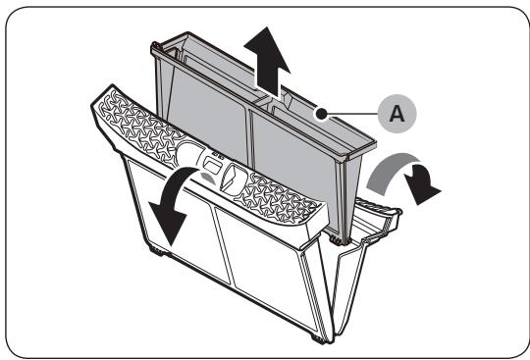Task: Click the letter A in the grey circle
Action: pos(397,114)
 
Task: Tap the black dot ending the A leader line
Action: pos(321,114)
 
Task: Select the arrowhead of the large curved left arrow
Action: pos(168,223)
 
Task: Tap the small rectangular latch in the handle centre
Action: pos(211,165)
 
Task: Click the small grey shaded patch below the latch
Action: pos(207,178)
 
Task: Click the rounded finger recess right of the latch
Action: pos(233,179)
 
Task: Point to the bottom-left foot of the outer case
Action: pos(156,251)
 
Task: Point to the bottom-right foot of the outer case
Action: pos(318,339)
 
